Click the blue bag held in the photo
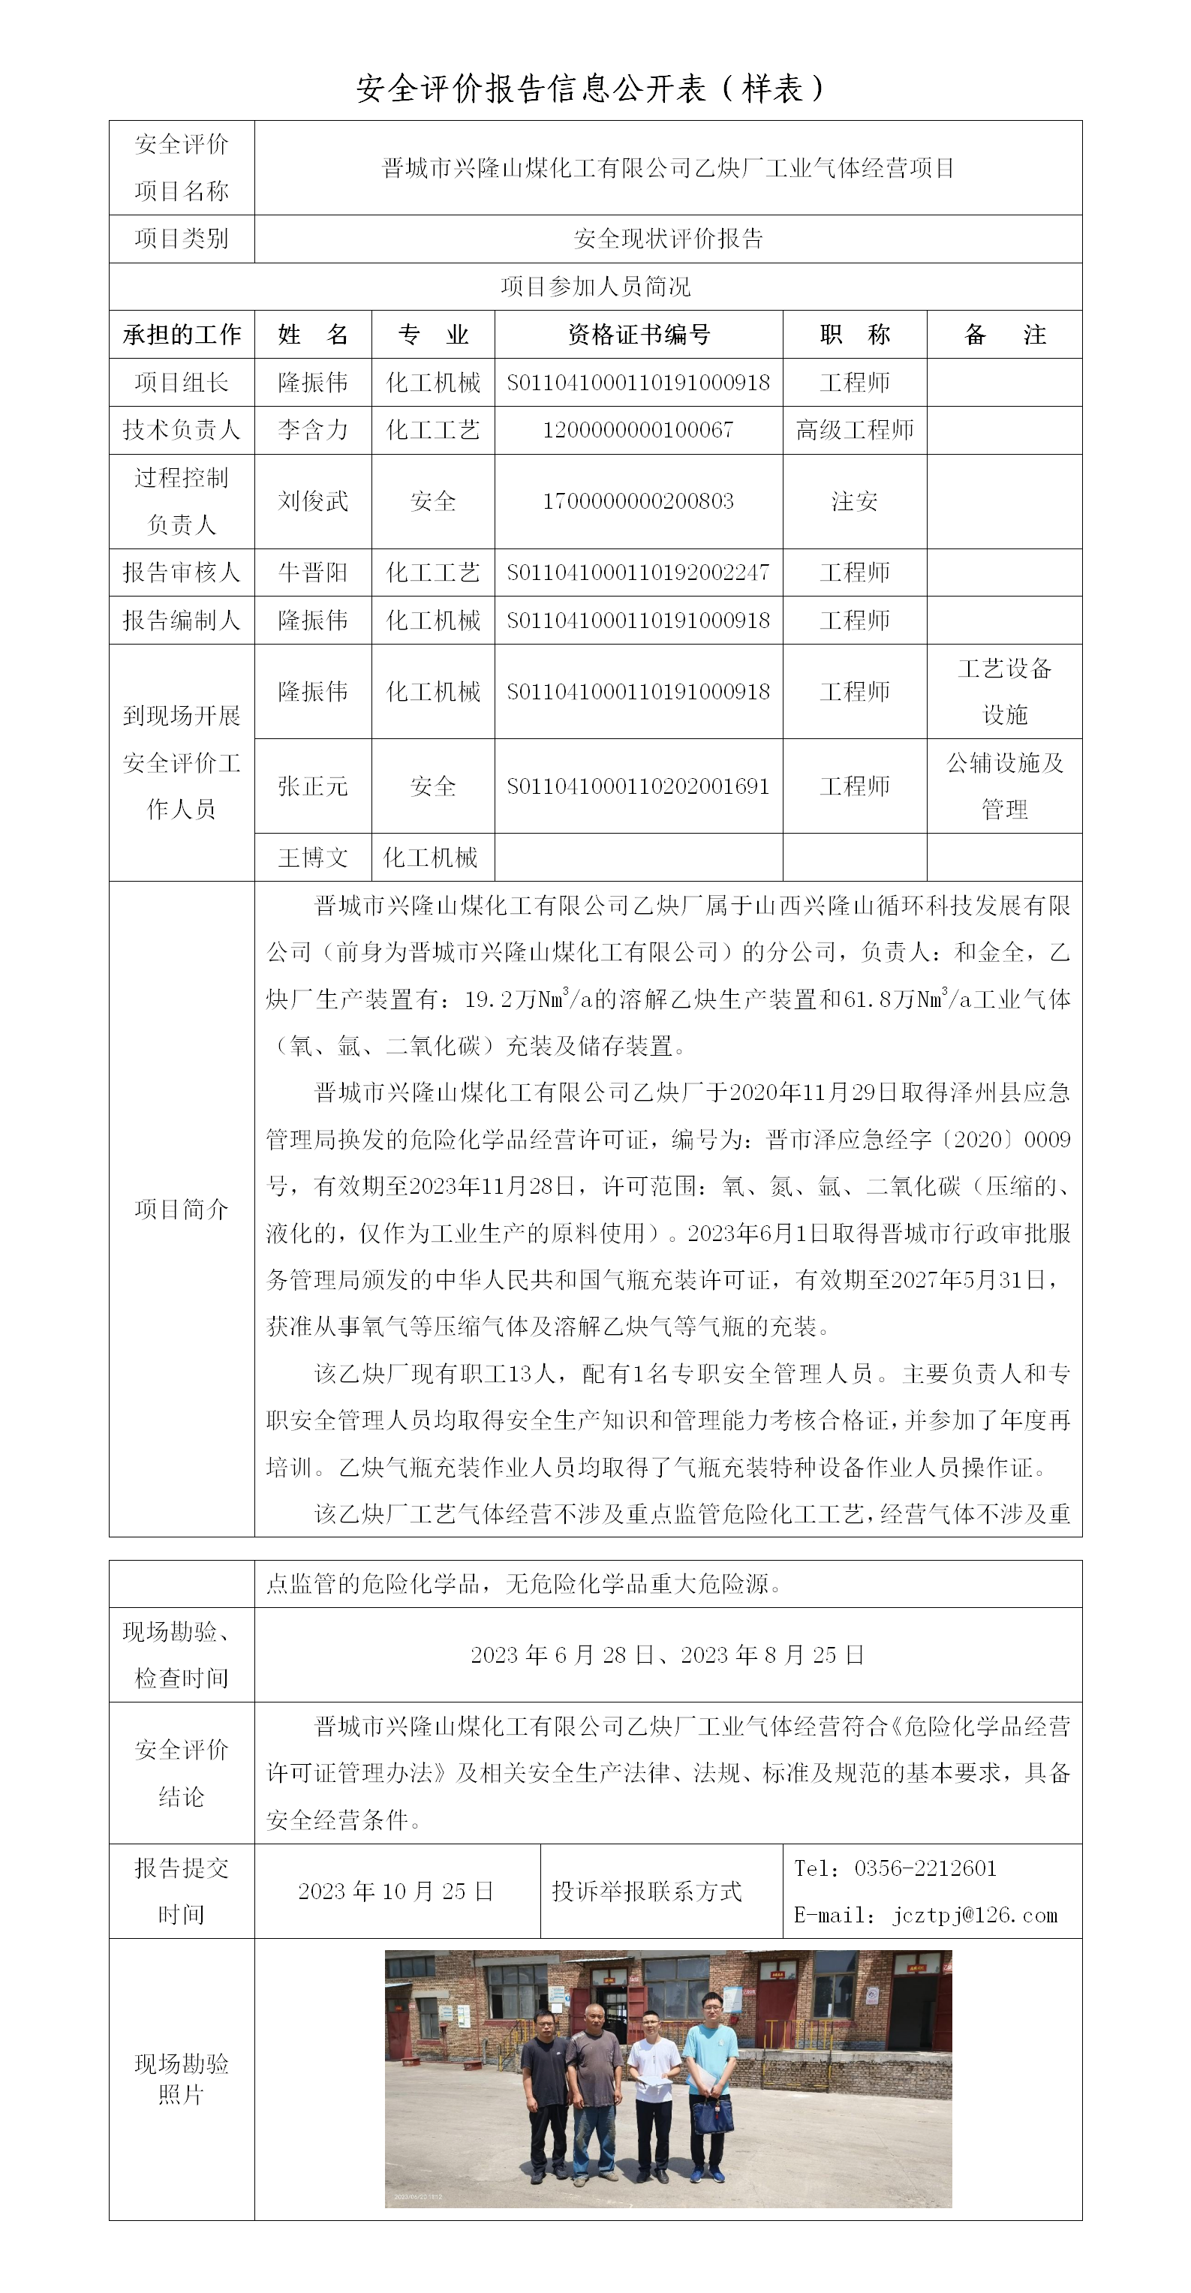coord(713,2115)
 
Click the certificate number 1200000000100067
coord(638,431)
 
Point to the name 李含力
coord(312,431)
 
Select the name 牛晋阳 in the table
coord(312,572)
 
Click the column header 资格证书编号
coord(638,335)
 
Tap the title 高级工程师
coord(855,431)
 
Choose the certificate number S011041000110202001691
coord(638,786)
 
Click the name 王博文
coord(312,857)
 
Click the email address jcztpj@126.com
coord(975,1915)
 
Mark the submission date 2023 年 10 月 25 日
coord(396,1892)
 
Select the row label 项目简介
coord(182,1209)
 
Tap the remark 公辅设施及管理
coord(1004,786)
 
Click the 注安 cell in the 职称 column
coord(855,501)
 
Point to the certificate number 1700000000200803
coord(638,501)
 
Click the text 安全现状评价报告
coord(669,239)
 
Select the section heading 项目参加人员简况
coord(596,287)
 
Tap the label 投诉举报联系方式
coord(647,1892)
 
